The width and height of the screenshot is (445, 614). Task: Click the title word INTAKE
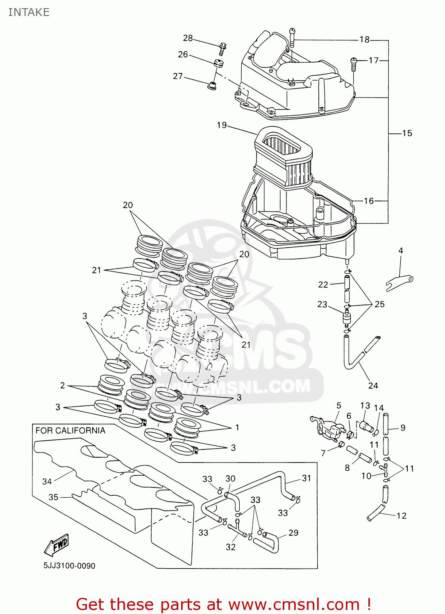(29, 12)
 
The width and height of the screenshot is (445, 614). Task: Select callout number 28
(188, 38)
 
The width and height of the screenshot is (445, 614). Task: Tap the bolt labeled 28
(222, 48)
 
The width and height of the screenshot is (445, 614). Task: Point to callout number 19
(222, 125)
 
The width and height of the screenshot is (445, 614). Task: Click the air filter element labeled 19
(284, 156)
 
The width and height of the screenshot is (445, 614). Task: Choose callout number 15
(407, 133)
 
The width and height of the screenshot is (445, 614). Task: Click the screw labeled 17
(354, 64)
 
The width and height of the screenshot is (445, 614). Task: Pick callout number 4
(400, 251)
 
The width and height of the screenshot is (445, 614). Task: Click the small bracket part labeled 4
(400, 282)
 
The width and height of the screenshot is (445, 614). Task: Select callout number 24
(373, 386)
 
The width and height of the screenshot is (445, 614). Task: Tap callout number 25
(379, 304)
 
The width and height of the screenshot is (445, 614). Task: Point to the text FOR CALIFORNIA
(70, 431)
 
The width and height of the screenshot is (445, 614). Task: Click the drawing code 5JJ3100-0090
(69, 566)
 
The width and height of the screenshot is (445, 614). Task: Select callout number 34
(47, 481)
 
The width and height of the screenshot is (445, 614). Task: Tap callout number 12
(401, 516)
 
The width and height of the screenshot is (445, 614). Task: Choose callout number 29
(293, 533)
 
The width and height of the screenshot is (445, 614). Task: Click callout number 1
(237, 427)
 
